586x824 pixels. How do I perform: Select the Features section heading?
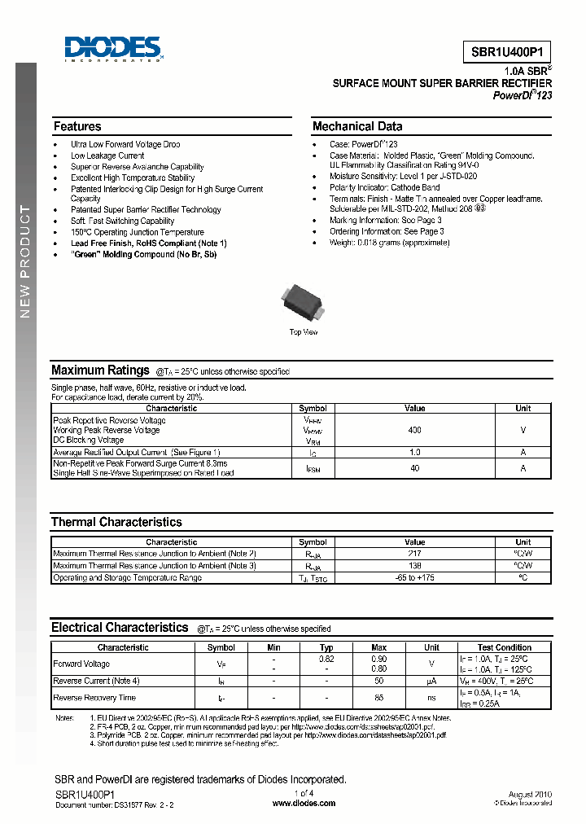pos(77,126)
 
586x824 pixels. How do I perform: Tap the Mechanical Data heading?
pos(356,126)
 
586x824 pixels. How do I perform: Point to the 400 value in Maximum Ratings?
pos(414,430)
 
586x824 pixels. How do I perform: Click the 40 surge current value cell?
pos(414,468)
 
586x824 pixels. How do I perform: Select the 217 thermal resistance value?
pos(414,553)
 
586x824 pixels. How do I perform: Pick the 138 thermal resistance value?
pos(414,565)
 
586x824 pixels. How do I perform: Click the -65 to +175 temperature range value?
pos(414,577)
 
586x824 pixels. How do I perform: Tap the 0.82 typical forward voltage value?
pos(326,659)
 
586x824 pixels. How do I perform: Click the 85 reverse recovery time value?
pos(378,698)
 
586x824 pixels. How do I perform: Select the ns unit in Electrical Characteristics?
pos(431,698)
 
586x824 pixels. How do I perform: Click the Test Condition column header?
pos(505,647)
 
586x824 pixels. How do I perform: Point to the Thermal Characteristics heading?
pos(116,522)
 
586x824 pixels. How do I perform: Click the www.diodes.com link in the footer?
pos(304,803)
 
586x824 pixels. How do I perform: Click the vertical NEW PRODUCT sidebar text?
pos(24,261)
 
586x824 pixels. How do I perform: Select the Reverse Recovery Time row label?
pos(94,698)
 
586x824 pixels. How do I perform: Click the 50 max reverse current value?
pos(378,681)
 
